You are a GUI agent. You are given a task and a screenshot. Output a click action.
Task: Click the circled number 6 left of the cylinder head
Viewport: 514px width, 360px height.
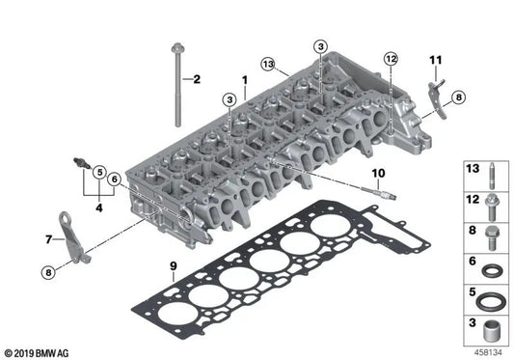[114, 179]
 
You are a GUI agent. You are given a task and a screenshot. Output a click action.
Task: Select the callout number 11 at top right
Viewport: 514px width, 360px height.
[435, 60]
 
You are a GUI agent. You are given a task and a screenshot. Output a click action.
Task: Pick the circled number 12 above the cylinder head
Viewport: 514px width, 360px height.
[390, 59]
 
